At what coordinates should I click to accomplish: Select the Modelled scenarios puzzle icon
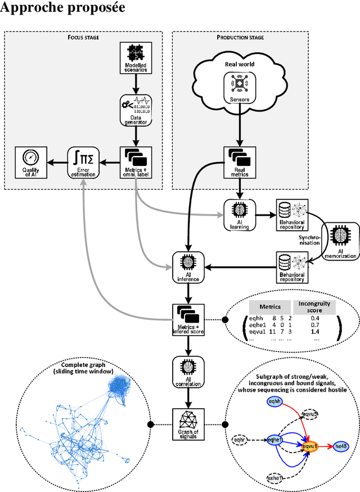tap(136, 54)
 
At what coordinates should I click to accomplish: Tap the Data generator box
tap(136, 109)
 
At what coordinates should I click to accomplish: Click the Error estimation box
tap(83, 163)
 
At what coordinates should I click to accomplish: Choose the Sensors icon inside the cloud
tap(241, 83)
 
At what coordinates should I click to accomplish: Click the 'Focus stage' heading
tap(83, 38)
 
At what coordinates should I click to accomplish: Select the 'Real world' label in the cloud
tap(240, 64)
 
